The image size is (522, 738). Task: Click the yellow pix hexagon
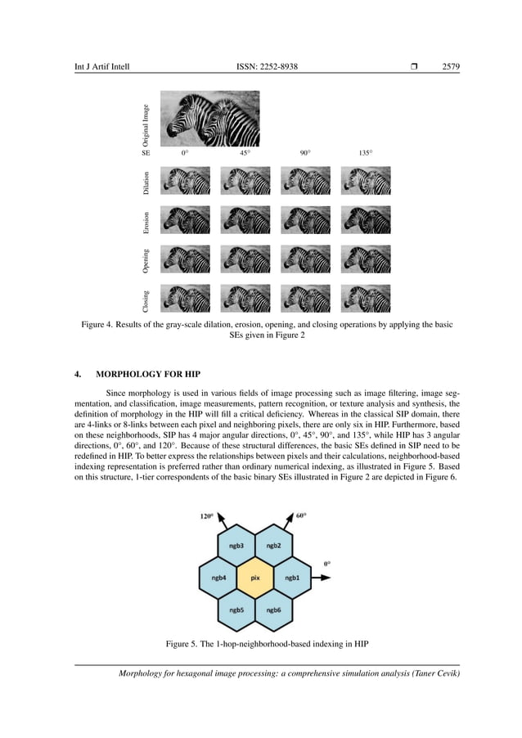pyautogui.click(x=255, y=578)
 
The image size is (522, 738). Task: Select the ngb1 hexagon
pyautogui.click(x=292, y=578)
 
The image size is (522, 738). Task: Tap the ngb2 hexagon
pyautogui.click(x=273, y=545)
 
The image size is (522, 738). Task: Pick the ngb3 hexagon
pyautogui.click(x=236, y=545)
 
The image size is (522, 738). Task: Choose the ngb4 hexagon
pyautogui.click(x=218, y=578)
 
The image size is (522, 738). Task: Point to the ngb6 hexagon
pyautogui.click(x=273, y=610)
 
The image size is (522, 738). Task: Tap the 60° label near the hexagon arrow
pyautogui.click(x=302, y=516)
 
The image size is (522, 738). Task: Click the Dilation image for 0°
pyautogui.click(x=185, y=181)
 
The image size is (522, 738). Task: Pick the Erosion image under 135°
pyautogui.click(x=365, y=220)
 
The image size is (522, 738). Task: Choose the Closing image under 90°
pyautogui.click(x=305, y=299)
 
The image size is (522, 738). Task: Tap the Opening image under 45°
pyautogui.click(x=245, y=259)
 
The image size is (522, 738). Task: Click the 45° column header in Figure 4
pyautogui.click(x=245, y=153)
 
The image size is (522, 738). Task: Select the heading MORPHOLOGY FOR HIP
pyautogui.click(x=148, y=375)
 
